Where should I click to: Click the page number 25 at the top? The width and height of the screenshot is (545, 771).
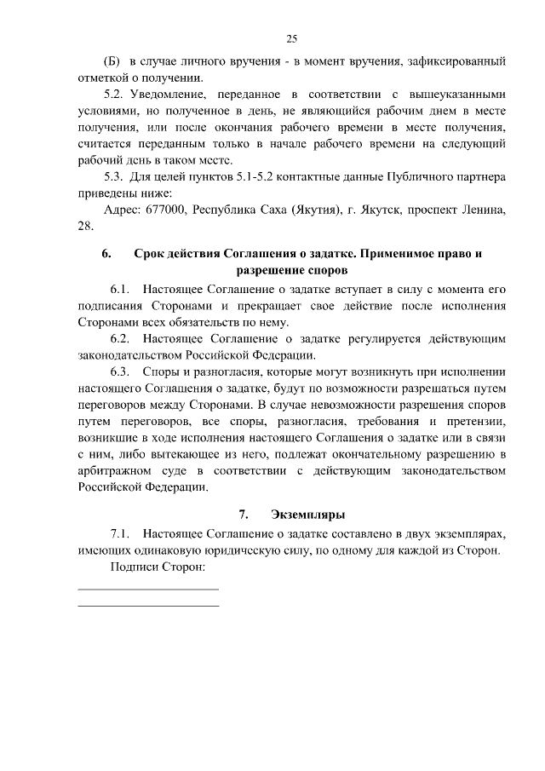pyautogui.click(x=291, y=38)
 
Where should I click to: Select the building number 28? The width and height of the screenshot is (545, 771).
pyautogui.click(x=85, y=226)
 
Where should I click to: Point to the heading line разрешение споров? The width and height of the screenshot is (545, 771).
pyautogui.click(x=291, y=271)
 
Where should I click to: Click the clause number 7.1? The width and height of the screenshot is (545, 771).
pyautogui.click(x=120, y=534)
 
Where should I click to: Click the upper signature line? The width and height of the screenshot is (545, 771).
pyautogui.click(x=148, y=589)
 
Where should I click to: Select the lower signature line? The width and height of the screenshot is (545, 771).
pyautogui.click(x=148, y=606)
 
